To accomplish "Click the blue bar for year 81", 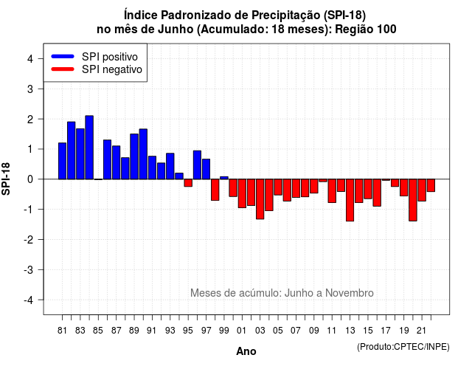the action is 62,161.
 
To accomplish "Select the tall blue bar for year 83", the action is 80,154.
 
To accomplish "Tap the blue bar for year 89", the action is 134,156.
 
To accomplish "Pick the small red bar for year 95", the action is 188,183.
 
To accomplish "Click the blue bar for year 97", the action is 206,169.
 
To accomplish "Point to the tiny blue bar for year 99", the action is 224,178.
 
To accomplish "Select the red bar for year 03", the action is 260,199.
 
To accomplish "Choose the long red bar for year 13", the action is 350,200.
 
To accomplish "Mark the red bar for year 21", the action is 422,190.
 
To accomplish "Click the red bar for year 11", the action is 332,191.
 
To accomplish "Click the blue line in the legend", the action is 63,56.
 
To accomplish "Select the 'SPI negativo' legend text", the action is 112,69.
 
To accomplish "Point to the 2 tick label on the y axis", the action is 30,120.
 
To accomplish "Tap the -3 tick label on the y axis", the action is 29,270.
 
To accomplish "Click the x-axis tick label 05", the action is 278,331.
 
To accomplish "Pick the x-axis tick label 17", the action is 386,331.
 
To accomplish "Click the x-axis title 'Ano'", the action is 246,351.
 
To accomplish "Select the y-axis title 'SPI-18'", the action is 6,179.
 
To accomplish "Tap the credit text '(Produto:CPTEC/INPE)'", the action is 403,347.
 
